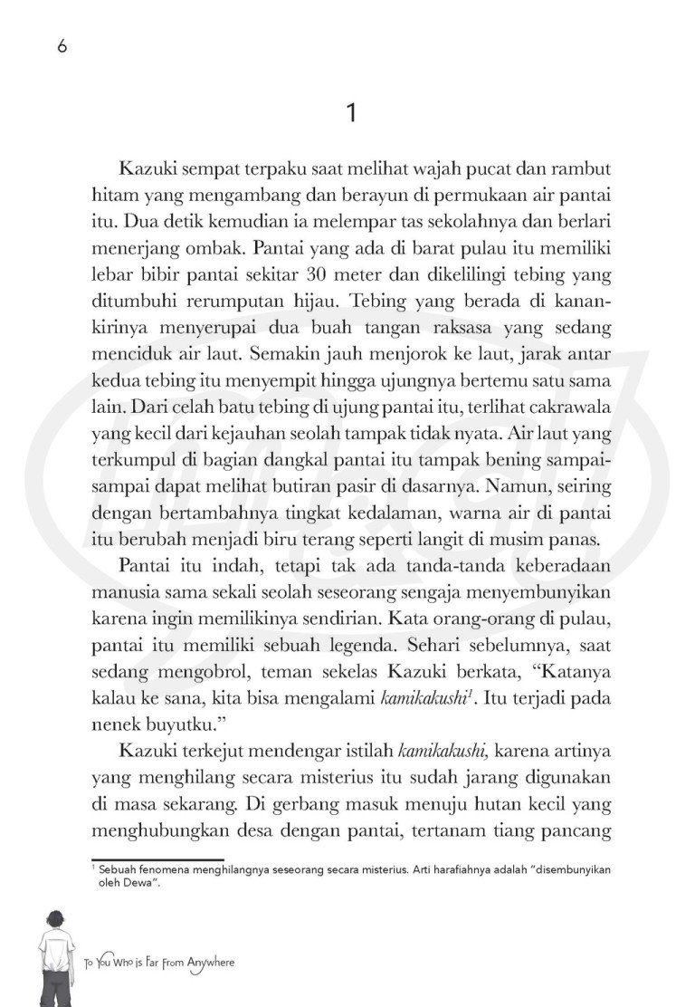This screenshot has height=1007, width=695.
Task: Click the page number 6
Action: point(62,49)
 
